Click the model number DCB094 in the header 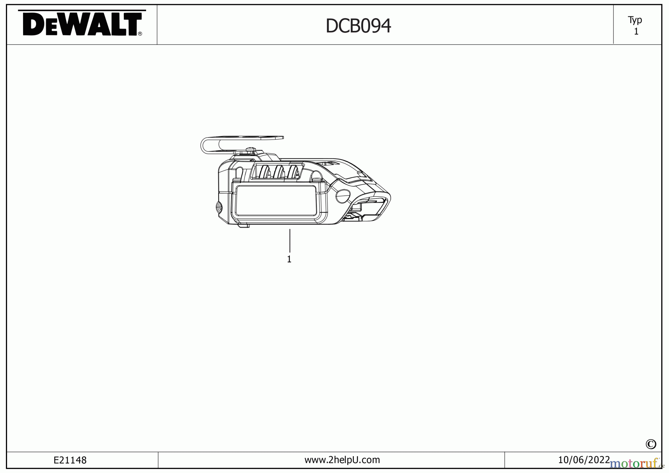coord(358,26)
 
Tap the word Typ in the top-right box coord(635,20)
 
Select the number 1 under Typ coord(636,32)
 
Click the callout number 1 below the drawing coord(289,259)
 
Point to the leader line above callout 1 coord(290,241)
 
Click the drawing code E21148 coord(70,460)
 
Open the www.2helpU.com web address coord(342,460)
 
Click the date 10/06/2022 coord(584,460)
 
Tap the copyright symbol coord(651,444)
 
